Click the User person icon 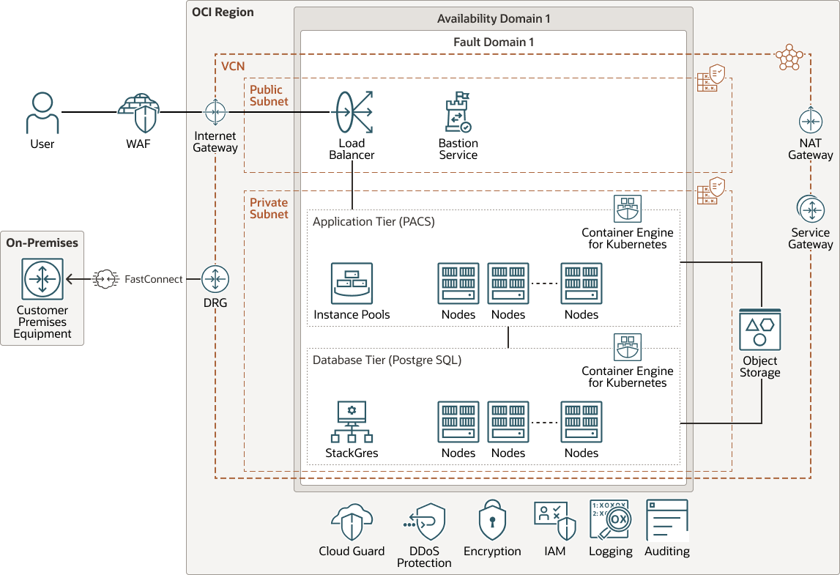pyautogui.click(x=42, y=113)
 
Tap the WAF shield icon pyautogui.click(x=138, y=113)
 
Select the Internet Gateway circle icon pyautogui.click(x=215, y=113)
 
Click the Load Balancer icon pyautogui.click(x=354, y=112)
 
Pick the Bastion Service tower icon pyautogui.click(x=458, y=112)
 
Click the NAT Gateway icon pyautogui.click(x=810, y=120)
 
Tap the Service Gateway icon pyautogui.click(x=810, y=209)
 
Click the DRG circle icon pyautogui.click(x=215, y=279)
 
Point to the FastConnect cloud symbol pyautogui.click(x=106, y=279)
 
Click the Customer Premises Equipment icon pyautogui.click(x=43, y=279)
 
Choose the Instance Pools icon pyautogui.click(x=352, y=283)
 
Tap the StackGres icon pyautogui.click(x=352, y=422)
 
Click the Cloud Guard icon pyautogui.click(x=352, y=522)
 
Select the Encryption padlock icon pyautogui.click(x=492, y=521)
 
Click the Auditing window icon pyautogui.click(x=667, y=520)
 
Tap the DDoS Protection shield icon pyautogui.click(x=425, y=522)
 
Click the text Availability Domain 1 pyautogui.click(x=493, y=18)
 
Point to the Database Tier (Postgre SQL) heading pyautogui.click(x=387, y=360)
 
